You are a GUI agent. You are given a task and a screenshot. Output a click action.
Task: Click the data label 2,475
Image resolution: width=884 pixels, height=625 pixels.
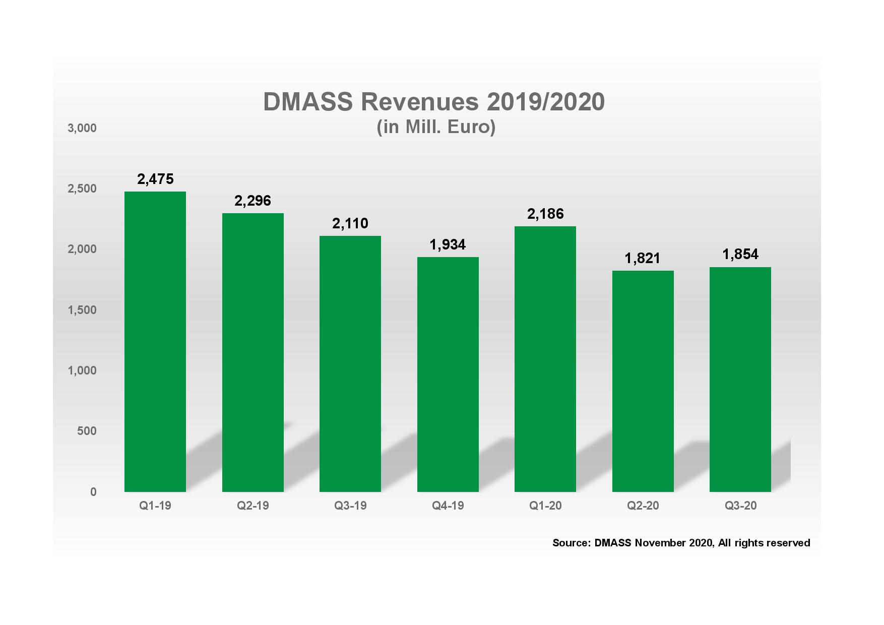(155, 179)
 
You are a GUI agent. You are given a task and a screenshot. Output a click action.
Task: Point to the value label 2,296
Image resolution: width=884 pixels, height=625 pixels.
(252, 201)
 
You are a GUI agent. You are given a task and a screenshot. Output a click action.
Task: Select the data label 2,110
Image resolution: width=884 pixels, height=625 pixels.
(350, 223)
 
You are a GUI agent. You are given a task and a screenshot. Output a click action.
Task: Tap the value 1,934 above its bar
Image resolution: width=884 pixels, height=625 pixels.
(448, 245)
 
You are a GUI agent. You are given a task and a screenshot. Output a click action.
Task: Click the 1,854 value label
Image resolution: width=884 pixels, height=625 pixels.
(740, 255)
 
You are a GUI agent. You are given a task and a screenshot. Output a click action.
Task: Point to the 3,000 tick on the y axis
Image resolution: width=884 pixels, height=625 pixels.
(82, 128)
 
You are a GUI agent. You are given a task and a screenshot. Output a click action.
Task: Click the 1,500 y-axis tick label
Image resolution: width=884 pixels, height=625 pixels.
(82, 310)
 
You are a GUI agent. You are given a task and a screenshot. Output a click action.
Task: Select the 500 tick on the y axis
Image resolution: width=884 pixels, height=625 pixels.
(87, 431)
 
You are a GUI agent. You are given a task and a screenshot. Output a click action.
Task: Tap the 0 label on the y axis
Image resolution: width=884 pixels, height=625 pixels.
(93, 492)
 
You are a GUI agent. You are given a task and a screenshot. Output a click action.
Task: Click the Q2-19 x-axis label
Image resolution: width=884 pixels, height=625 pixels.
(253, 506)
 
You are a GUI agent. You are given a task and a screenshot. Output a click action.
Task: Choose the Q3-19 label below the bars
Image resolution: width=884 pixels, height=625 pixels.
(350, 506)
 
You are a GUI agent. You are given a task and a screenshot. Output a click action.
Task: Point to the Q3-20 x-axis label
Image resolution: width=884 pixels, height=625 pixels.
(740, 506)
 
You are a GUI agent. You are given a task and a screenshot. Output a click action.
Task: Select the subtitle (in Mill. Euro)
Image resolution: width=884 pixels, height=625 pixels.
(436, 127)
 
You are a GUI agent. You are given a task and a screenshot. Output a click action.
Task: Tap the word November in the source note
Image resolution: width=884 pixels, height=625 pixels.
(657, 543)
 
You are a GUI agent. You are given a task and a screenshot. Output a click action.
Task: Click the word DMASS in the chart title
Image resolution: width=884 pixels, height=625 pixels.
(307, 102)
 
